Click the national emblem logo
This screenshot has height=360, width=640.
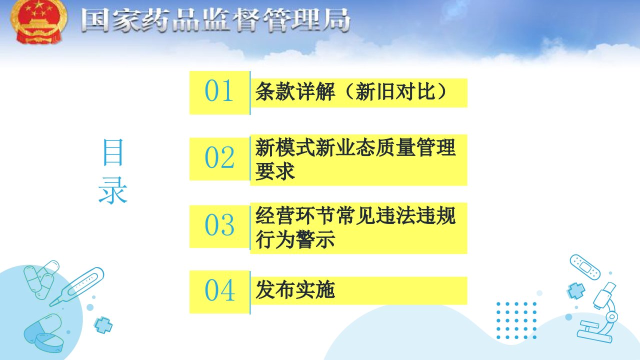(x=39, y=21)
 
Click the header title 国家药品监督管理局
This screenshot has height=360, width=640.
(x=215, y=20)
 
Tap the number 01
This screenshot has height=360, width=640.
(x=219, y=90)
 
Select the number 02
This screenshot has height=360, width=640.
(x=219, y=157)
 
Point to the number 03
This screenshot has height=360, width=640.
(x=219, y=225)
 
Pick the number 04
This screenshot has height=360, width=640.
(x=219, y=290)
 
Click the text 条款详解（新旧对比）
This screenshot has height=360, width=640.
(x=351, y=91)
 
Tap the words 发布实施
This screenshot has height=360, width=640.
(x=295, y=289)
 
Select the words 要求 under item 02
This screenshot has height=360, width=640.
(x=275, y=171)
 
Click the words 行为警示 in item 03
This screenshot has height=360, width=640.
(x=295, y=239)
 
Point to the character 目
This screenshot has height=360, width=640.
(x=113, y=152)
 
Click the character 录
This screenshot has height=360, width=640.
(x=113, y=190)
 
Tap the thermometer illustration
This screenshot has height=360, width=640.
(x=76, y=286)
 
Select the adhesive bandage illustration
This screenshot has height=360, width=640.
(x=585, y=267)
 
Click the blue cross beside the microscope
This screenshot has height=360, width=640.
(x=575, y=290)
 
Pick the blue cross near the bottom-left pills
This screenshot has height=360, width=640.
(x=103, y=325)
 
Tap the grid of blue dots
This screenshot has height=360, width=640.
(x=516, y=320)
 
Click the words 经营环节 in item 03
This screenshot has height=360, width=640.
(x=295, y=215)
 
